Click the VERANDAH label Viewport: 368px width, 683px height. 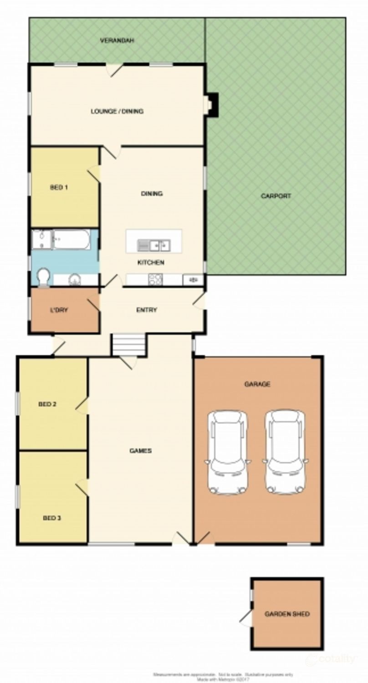[x=117, y=41]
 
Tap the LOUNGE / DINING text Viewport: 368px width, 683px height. [x=117, y=111]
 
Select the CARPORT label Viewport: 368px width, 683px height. [x=276, y=196]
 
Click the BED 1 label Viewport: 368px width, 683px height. [x=59, y=187]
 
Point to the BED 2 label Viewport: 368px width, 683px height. [x=47, y=404]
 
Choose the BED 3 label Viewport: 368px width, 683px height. [x=52, y=518]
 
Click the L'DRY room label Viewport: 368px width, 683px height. [x=59, y=310]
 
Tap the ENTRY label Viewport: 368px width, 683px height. [x=147, y=310]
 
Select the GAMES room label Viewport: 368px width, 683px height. [x=141, y=451]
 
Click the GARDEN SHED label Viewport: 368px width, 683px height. [x=287, y=614]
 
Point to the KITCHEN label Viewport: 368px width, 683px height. [x=151, y=263]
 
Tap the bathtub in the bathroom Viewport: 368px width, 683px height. [x=72, y=240]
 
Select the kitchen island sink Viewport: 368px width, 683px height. [x=154, y=245]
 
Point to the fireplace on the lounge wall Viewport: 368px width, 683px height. [x=212, y=104]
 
